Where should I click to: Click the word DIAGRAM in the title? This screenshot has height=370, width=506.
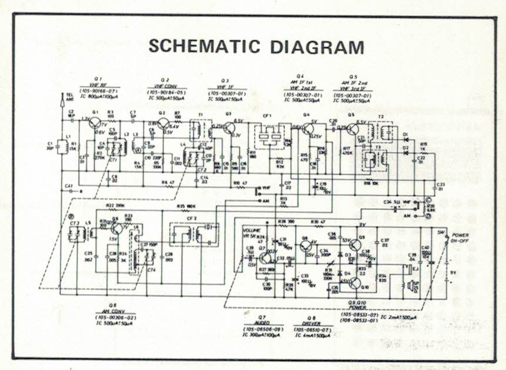[x=314, y=46]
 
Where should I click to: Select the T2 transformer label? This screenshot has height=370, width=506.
[x=381, y=116]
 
